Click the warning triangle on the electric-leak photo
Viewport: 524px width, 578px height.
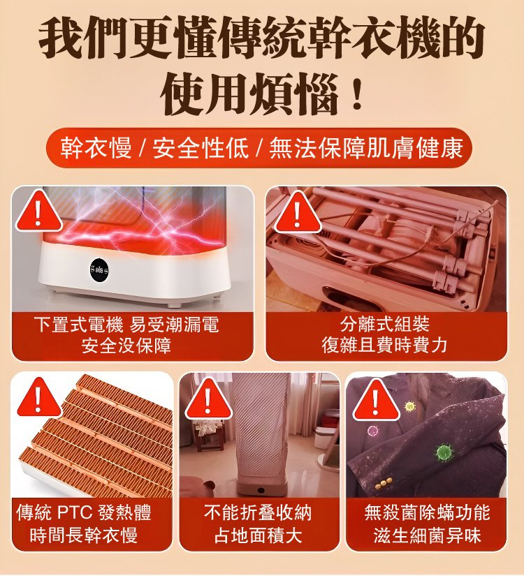pos(39,211)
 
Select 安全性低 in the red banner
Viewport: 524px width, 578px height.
pos(200,149)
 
